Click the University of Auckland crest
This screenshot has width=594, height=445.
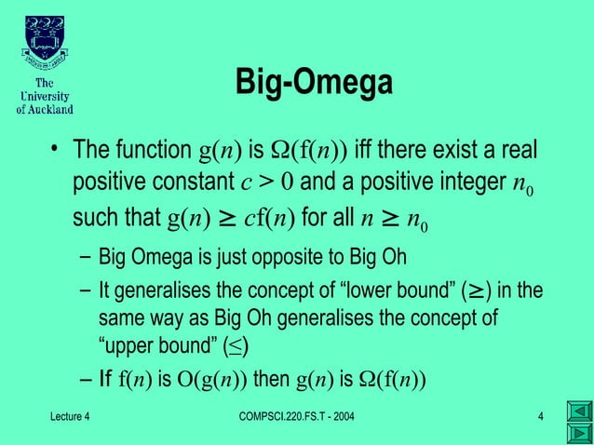[x=45, y=39]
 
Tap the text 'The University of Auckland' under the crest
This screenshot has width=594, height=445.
[x=45, y=96]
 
